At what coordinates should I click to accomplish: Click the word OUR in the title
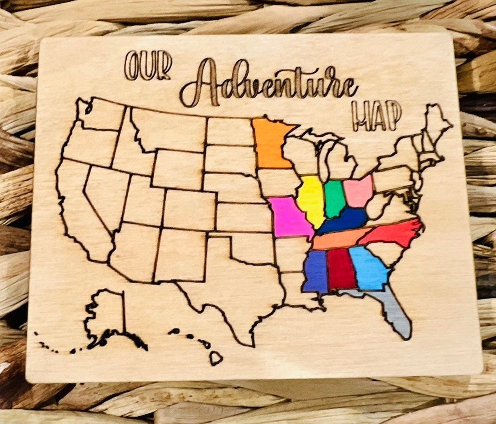coord(148,66)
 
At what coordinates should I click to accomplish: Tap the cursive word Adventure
coord(268,85)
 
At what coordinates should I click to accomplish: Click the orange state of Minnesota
coord(271,143)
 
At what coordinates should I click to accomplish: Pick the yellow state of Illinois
coord(311,200)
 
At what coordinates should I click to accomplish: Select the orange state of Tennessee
coord(338,238)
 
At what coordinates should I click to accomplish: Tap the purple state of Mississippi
coord(315,271)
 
